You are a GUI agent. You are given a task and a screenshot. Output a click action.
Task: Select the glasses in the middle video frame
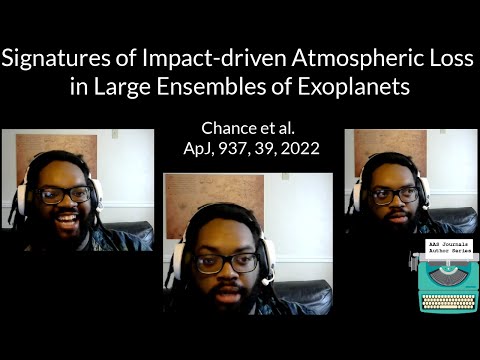click(226, 263)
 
